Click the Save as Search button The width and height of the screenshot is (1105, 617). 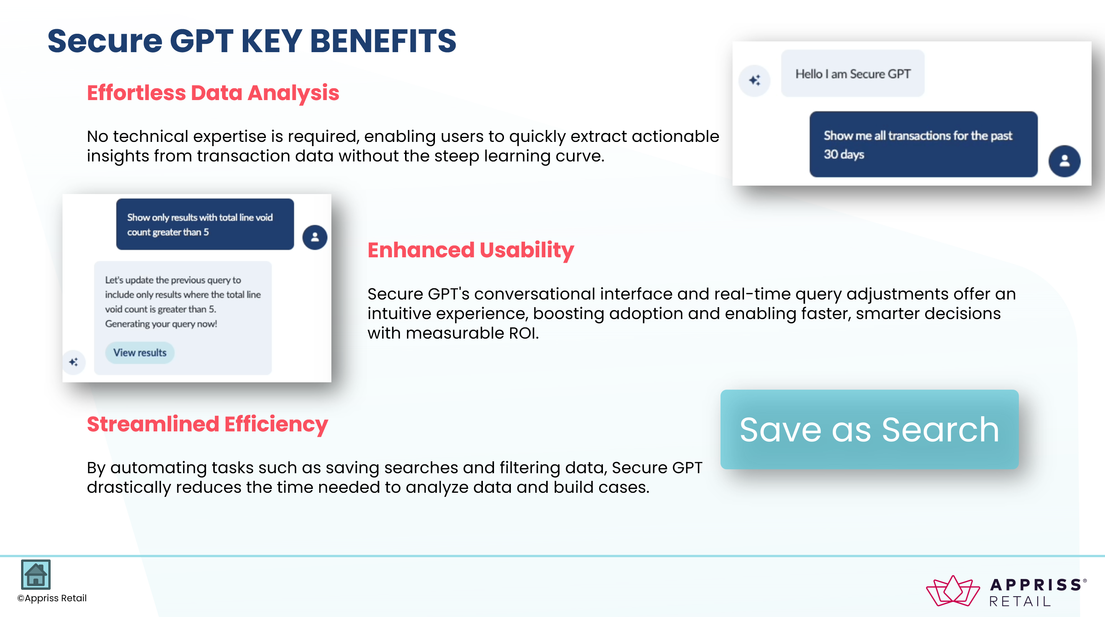(870, 429)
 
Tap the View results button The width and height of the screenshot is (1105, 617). (140, 352)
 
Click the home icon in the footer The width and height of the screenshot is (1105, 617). (36, 574)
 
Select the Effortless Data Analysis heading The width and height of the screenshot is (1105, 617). (213, 93)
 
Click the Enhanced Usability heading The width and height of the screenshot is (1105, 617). (471, 250)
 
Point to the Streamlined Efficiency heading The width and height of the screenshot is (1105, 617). (207, 424)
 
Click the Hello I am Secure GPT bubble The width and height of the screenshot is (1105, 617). (853, 73)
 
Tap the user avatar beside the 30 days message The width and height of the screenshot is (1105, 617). (1064, 161)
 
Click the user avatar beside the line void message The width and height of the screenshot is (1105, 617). (315, 237)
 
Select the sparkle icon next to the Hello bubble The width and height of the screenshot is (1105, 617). (754, 80)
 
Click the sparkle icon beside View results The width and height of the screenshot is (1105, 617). (74, 362)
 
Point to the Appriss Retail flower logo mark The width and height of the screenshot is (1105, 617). (953, 591)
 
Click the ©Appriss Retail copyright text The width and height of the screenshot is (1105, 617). (52, 598)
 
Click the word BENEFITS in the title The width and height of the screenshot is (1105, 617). (383, 41)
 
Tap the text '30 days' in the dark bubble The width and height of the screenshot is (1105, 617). (844, 155)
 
